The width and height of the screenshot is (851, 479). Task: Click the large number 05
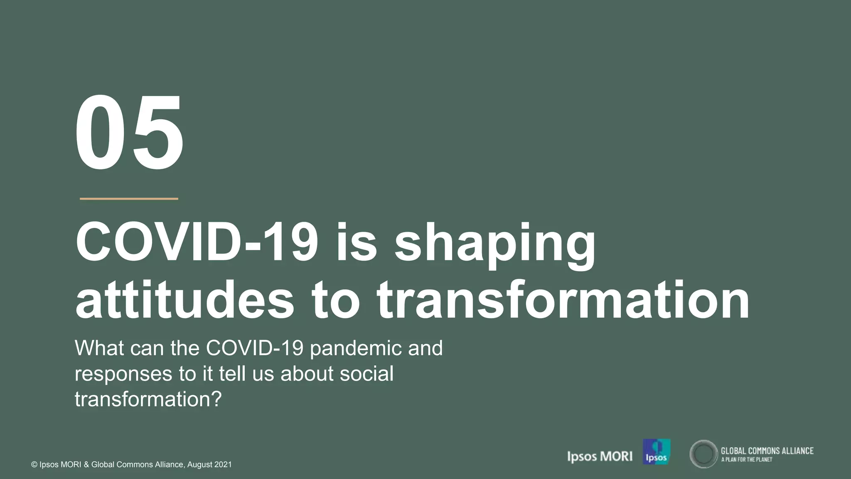[129, 132]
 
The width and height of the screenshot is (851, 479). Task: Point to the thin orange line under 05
[129, 199]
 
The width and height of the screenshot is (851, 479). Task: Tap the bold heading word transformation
[563, 300]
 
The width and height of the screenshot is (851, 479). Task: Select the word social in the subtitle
[366, 373]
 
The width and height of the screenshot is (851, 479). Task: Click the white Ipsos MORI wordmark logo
[600, 457]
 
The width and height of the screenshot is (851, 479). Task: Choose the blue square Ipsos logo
[657, 452]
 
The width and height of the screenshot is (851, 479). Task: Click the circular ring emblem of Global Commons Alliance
[703, 454]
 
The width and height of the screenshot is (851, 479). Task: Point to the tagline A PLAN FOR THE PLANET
[747, 459]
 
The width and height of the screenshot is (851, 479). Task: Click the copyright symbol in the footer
[34, 465]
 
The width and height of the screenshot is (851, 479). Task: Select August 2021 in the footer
[209, 464]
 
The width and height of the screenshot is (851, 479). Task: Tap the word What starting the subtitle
[99, 348]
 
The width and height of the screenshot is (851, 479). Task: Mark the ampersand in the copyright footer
[86, 465]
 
